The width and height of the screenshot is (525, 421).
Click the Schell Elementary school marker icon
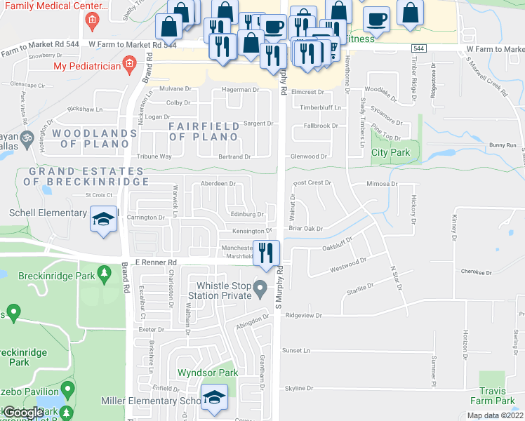(x=103, y=219)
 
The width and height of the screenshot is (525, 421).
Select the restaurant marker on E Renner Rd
(x=265, y=253)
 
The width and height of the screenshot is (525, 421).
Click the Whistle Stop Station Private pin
(x=260, y=287)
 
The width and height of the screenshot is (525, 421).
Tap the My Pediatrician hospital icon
(x=128, y=67)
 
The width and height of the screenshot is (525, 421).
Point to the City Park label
(x=390, y=152)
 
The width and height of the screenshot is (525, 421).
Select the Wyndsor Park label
(x=207, y=373)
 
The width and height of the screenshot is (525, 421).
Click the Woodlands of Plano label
(x=93, y=138)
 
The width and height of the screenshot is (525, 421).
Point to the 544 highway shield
(x=419, y=48)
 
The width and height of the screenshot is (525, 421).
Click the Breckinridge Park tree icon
(x=105, y=272)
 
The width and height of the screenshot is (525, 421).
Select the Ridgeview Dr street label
(x=303, y=316)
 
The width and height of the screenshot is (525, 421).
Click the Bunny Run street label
(x=503, y=145)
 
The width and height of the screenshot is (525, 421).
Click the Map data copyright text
(x=495, y=415)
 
